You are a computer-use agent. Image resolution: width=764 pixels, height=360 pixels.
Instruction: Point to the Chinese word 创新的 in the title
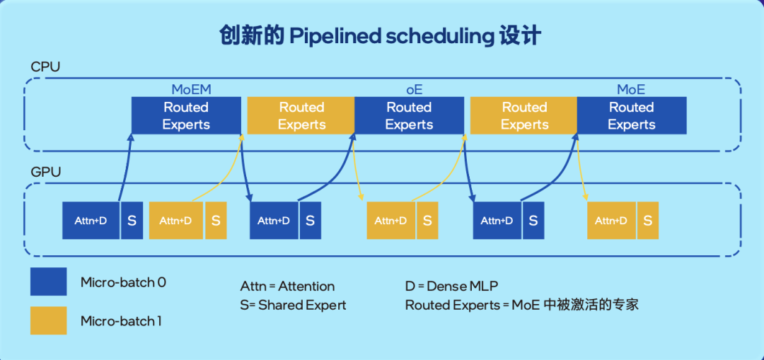(251, 36)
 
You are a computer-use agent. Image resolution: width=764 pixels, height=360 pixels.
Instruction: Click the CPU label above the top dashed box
(45, 66)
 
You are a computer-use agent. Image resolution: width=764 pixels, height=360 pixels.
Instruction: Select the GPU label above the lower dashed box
(45, 172)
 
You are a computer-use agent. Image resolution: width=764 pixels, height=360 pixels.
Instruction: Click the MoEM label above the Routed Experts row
(192, 90)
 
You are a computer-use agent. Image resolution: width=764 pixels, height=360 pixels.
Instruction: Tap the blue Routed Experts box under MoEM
(186, 116)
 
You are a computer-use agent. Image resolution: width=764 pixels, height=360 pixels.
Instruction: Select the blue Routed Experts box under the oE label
(409, 116)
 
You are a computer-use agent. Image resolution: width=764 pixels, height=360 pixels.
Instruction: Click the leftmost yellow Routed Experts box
(301, 116)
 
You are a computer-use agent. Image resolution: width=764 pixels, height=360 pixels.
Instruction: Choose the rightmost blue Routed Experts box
(632, 116)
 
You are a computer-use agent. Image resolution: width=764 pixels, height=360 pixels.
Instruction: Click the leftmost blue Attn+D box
(91, 220)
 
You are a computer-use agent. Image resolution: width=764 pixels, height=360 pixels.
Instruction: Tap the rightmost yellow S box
(647, 220)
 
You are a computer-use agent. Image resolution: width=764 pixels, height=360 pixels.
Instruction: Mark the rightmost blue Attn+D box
(497, 220)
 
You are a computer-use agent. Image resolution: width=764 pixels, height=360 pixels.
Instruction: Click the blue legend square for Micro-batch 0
(48, 281)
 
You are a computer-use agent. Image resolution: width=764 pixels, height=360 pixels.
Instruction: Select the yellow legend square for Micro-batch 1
(48, 320)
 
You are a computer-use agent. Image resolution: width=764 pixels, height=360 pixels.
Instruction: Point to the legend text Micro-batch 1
(121, 321)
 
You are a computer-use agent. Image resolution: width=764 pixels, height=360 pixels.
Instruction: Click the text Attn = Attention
(287, 286)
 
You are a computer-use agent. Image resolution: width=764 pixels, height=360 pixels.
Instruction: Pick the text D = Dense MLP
(451, 286)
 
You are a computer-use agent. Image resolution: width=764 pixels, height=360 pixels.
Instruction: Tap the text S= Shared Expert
(293, 305)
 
